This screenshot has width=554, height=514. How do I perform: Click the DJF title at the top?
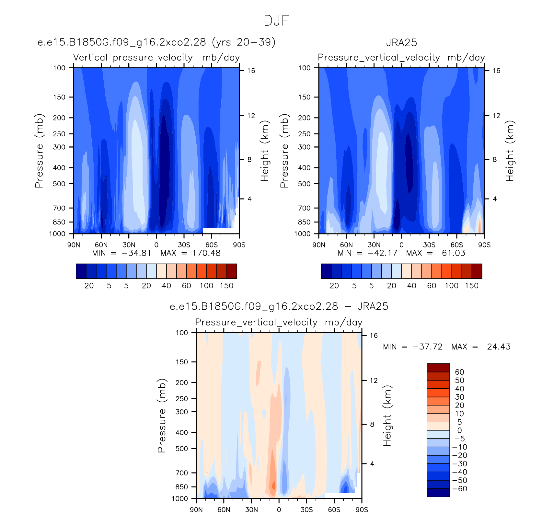(x=276, y=21)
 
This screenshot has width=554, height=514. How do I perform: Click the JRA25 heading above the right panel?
(x=401, y=42)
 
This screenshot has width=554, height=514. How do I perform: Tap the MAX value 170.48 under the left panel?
(x=206, y=253)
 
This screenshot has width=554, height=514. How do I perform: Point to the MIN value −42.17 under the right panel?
(x=382, y=253)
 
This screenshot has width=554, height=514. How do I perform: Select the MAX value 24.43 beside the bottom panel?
(x=499, y=347)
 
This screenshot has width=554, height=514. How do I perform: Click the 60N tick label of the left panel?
(x=101, y=245)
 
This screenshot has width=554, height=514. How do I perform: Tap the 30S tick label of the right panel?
(x=429, y=245)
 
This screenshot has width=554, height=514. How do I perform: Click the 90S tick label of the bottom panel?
(x=362, y=509)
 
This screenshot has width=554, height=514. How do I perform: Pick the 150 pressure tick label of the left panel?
(x=59, y=97)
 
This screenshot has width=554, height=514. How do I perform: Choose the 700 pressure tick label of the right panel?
(x=304, y=208)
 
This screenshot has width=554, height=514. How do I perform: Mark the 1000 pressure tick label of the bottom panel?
(x=180, y=498)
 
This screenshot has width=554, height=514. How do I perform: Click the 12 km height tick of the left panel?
(x=251, y=116)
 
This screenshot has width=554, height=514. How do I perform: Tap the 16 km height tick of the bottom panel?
(x=374, y=335)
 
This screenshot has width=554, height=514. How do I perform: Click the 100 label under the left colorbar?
(x=206, y=286)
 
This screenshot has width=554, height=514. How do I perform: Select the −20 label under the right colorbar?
(x=331, y=286)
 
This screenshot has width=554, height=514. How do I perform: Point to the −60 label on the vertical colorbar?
(x=460, y=488)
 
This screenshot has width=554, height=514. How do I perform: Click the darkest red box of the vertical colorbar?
(x=438, y=368)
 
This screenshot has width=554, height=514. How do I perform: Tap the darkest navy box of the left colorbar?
(x=81, y=271)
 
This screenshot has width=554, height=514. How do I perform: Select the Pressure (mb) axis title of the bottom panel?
(x=162, y=416)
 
